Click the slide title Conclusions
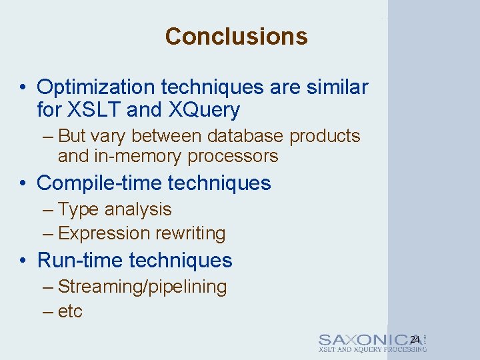(x=236, y=36)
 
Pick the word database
(x=246, y=136)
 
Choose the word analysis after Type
(x=141, y=209)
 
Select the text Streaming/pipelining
(x=143, y=287)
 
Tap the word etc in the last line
(x=70, y=311)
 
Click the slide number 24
(x=415, y=340)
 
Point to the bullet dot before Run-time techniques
(x=23, y=261)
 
